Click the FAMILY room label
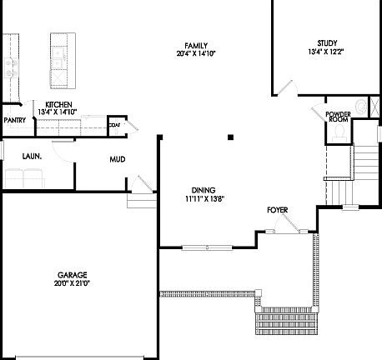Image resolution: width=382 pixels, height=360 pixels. click(197, 45)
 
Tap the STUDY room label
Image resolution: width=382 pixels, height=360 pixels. click(326, 43)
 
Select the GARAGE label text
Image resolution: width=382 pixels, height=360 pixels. click(73, 275)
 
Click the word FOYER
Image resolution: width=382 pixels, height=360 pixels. click(279, 210)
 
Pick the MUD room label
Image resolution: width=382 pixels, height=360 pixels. click(117, 158)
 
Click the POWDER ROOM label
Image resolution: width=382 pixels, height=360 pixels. click(338, 116)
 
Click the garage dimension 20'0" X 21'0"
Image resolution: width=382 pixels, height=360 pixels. click(73, 283)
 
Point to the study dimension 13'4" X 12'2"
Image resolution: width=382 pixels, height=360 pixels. click(326, 52)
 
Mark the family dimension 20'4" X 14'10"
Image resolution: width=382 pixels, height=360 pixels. click(197, 53)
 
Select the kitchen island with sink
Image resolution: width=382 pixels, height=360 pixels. click(60, 61)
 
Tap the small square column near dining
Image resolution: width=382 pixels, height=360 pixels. click(231, 136)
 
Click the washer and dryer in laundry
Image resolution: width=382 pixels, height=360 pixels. click(24, 177)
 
